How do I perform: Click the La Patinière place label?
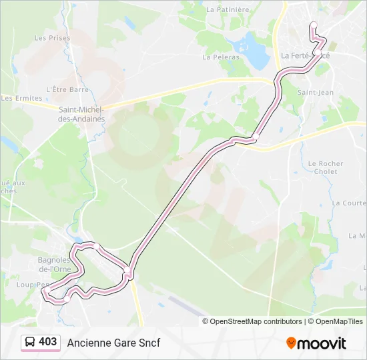228,10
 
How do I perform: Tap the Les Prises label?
52,38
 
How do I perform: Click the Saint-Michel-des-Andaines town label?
81,114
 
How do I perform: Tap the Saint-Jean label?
315,93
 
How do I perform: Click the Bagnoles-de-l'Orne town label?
55,265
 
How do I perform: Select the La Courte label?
349,203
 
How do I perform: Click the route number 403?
47,342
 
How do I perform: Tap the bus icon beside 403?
30,343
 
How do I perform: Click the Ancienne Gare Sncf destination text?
113,343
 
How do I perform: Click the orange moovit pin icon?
291,343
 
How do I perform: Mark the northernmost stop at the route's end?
313,25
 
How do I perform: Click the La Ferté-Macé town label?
305,55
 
